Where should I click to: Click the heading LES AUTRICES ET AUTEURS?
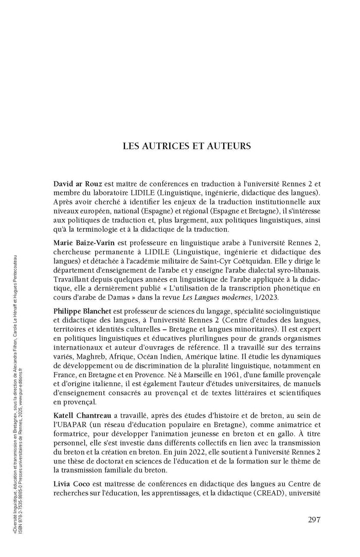pos(187,146)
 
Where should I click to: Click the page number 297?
pos(314,519)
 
